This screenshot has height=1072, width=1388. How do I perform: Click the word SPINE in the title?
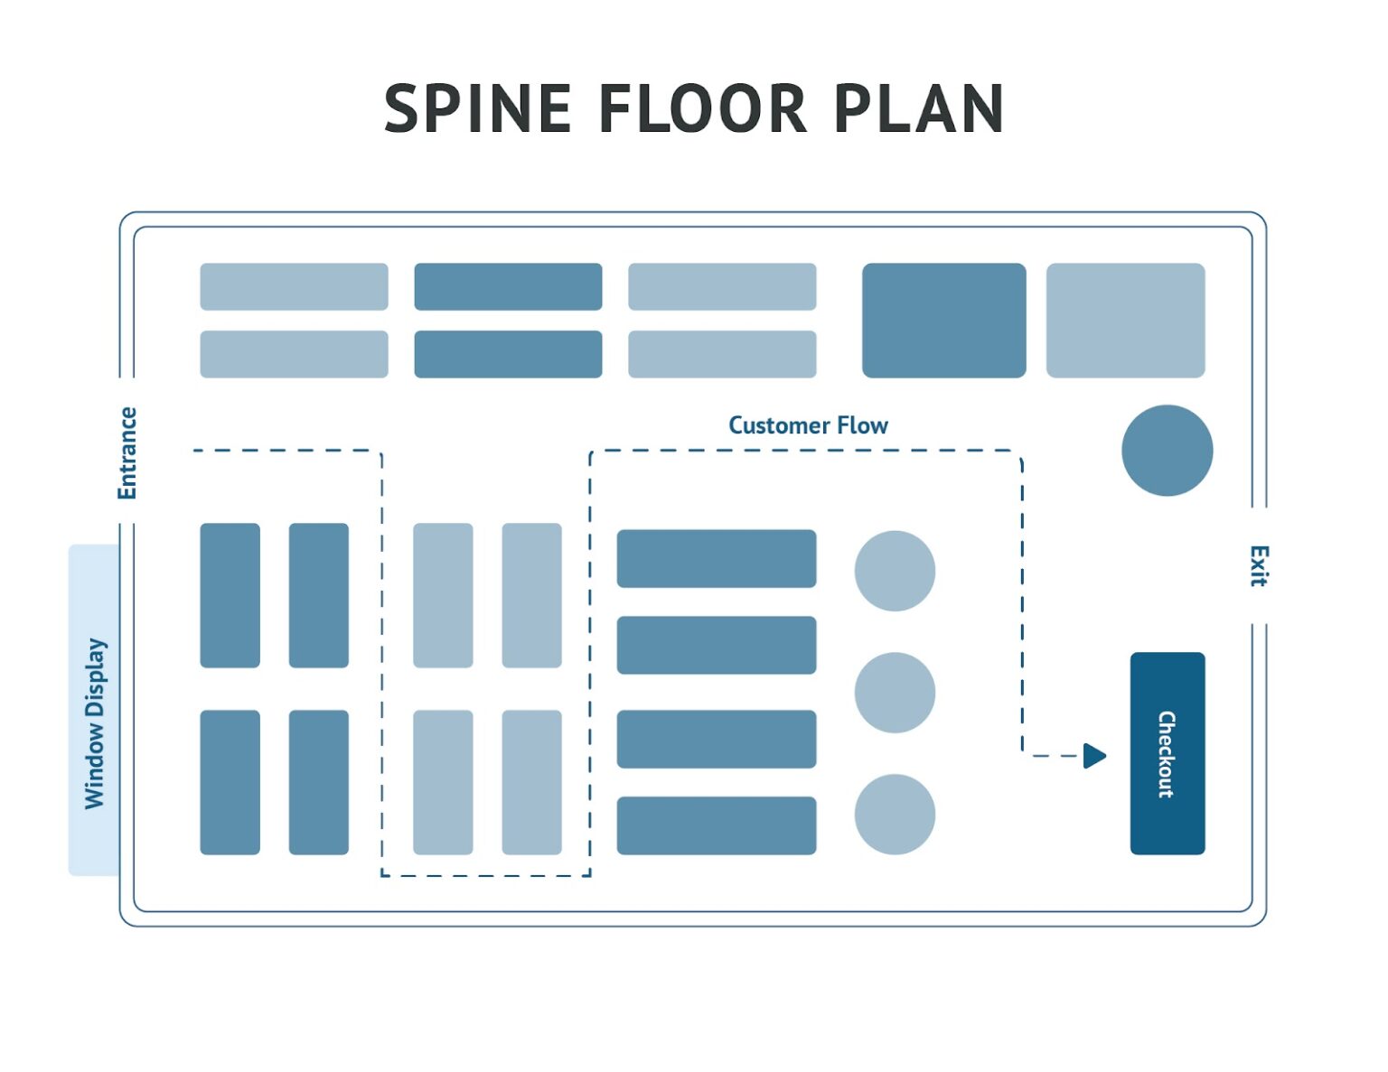[478, 109]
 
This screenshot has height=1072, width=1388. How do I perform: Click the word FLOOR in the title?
[702, 109]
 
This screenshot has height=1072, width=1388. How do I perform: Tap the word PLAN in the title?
[918, 109]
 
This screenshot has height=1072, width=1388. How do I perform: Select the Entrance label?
[127, 452]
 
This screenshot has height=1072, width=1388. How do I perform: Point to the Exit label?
[1259, 566]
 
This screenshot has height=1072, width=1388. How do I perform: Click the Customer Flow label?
[808, 425]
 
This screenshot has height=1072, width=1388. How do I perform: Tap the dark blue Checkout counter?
[1167, 753]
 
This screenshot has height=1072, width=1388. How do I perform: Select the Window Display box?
[94, 710]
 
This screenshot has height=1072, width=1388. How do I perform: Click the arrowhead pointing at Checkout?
[1094, 755]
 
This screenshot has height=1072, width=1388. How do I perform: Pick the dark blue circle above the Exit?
[1167, 450]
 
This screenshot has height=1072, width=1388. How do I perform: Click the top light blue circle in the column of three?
[895, 571]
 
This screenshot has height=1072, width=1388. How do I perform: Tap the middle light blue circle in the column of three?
[895, 693]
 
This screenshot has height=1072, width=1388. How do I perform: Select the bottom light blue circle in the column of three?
[895, 814]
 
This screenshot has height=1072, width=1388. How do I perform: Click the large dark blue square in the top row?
[943, 321]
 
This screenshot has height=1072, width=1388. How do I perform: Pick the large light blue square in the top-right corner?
[1125, 321]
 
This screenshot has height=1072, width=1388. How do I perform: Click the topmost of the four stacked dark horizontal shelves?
[716, 559]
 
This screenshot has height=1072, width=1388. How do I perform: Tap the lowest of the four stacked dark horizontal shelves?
[716, 825]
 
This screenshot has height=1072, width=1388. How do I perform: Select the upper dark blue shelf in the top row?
[508, 287]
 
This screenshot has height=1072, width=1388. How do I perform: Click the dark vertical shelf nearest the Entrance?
[230, 595]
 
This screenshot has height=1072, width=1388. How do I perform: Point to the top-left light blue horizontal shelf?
[294, 287]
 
